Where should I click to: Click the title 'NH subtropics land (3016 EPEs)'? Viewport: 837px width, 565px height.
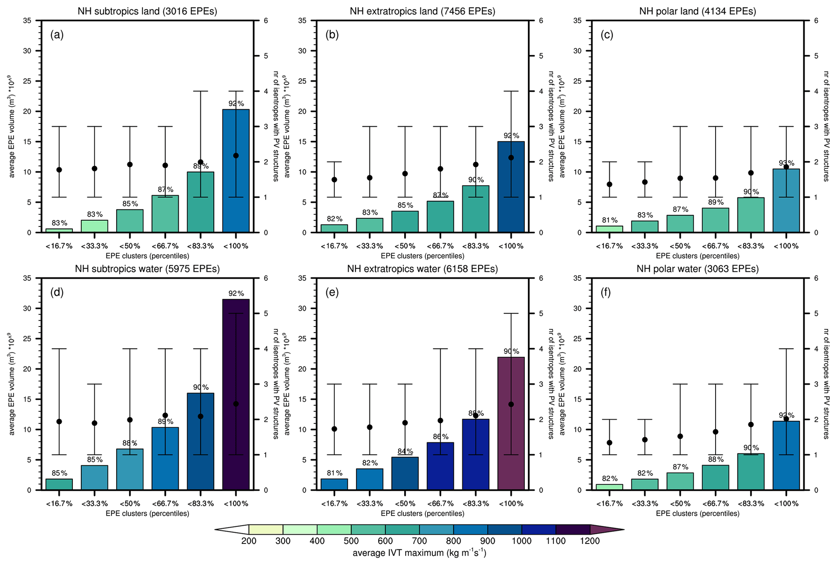coord(147,11)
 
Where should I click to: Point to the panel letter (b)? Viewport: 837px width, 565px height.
coord(332,35)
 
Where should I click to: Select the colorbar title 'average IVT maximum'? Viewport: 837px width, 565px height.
coord(419,553)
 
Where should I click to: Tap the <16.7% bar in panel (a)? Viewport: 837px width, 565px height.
coord(59,230)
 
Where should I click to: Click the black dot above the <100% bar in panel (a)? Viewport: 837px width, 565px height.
coord(236,156)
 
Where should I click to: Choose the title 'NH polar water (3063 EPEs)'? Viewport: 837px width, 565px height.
coord(697,269)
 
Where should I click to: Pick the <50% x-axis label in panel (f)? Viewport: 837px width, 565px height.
coord(680,503)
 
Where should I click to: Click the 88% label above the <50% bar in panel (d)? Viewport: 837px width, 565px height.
coord(130,443)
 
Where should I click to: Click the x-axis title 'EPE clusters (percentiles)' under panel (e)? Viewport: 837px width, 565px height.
coord(422,514)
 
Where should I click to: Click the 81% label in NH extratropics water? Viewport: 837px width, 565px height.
coord(334,473)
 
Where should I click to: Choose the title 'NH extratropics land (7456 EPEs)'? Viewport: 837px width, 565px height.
coord(422,11)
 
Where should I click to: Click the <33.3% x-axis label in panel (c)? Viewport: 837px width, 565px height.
coord(645,246)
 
